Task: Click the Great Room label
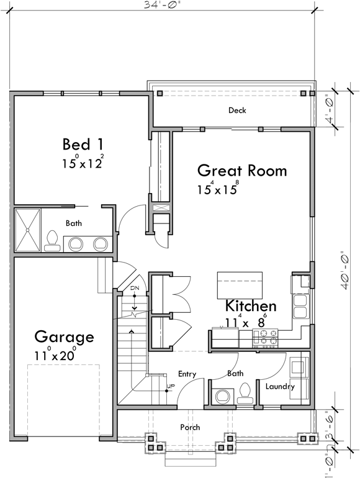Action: [x=242, y=170]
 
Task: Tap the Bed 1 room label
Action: [x=83, y=145]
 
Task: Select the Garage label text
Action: [x=64, y=337]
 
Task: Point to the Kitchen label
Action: [x=251, y=306]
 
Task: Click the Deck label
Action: [x=237, y=110]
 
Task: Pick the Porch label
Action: [x=190, y=427]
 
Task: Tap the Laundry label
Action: [x=280, y=387]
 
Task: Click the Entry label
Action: [x=187, y=374]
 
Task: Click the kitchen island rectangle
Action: [x=239, y=285]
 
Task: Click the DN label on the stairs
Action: [x=134, y=289]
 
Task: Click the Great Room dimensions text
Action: [x=217, y=189]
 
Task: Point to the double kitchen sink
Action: [x=302, y=305]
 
